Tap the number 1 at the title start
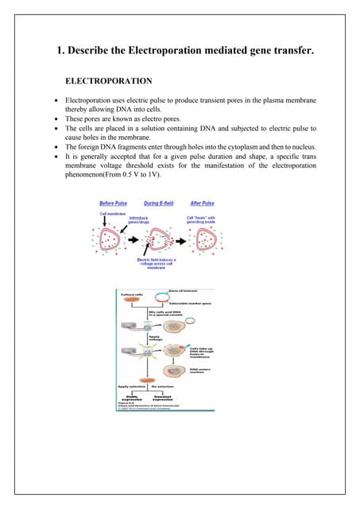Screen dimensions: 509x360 [x=60, y=52]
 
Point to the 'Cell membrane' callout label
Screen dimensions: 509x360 [x=112, y=213]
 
